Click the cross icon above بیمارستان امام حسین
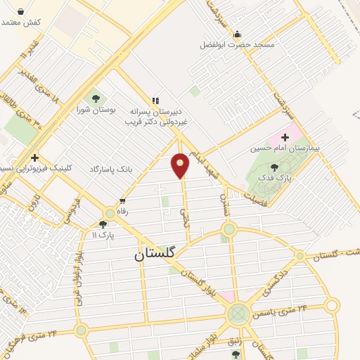click(285, 137)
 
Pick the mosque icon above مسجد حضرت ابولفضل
click(237, 33)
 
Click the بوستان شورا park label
click(96, 109)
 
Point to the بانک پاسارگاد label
click(111, 170)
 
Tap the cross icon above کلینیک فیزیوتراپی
click(34, 157)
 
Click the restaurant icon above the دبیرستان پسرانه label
click(155, 100)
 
